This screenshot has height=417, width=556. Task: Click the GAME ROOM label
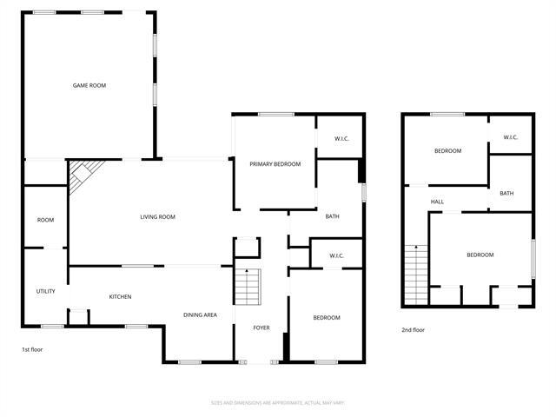(89, 85)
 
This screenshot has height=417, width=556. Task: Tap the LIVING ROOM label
(158, 217)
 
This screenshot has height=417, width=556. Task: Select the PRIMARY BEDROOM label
(275, 163)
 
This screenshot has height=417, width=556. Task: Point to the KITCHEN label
(120, 297)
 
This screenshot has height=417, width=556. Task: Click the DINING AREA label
(200, 314)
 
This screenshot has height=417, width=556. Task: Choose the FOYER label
(261, 328)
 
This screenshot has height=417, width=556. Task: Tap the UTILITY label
(45, 291)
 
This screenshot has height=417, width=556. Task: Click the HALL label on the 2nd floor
(437, 202)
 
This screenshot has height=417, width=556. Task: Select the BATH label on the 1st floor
(332, 216)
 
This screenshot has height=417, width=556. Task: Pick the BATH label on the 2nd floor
(506, 193)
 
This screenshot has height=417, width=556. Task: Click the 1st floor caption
(32, 349)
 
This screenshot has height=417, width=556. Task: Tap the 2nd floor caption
(413, 330)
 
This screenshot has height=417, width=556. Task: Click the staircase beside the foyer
(249, 286)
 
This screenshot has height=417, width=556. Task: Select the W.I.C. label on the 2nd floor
(509, 137)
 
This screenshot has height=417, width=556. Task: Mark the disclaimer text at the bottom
(278, 402)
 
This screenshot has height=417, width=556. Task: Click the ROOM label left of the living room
(45, 220)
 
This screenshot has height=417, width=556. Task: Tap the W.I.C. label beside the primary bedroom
(341, 139)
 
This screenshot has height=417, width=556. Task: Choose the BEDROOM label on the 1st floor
(326, 318)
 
